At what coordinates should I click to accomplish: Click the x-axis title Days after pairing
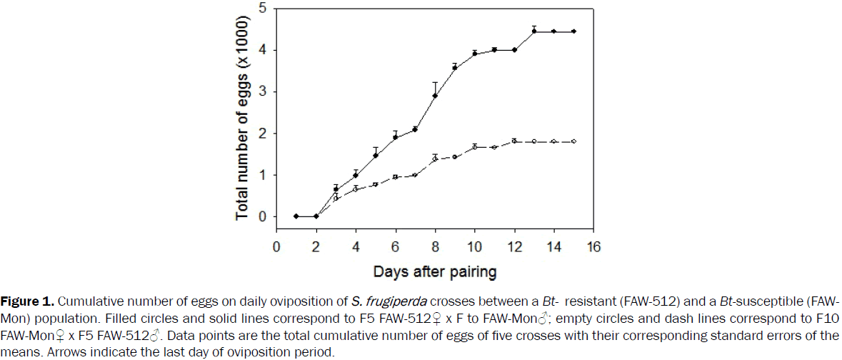pos(435,272)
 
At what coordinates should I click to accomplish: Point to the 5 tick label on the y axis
pos(263,9)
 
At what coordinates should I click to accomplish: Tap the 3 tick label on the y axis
pos(263,91)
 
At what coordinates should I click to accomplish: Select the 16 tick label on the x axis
pos(593,246)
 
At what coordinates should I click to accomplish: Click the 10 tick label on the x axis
pos(474,246)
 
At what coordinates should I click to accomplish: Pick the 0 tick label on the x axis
pos(276,246)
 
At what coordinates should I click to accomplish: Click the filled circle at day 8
pos(435,96)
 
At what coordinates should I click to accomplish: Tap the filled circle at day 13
pos(533,31)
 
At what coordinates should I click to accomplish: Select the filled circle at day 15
pos(573,31)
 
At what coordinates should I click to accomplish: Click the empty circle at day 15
pos(573,141)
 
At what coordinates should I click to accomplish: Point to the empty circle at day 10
pos(474,147)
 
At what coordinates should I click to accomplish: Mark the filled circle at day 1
pos(296,216)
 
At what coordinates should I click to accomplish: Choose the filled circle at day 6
pos(395,137)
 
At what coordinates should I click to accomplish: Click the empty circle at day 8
pos(435,159)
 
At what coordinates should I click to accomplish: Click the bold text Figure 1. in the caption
pos(23,299)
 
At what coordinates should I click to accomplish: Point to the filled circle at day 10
pos(474,54)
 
